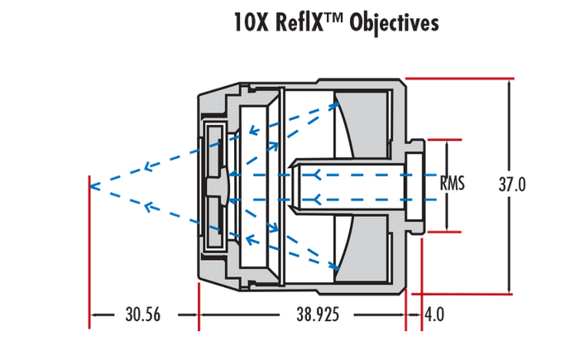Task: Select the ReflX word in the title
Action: [298, 23]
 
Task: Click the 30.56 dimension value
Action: [142, 315]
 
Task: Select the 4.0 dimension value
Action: [434, 315]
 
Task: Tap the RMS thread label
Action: [453, 184]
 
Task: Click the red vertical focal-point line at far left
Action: [89, 248]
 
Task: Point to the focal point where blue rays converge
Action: [90, 185]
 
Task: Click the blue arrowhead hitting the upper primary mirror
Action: [336, 104]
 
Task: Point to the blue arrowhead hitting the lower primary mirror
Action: [336, 266]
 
